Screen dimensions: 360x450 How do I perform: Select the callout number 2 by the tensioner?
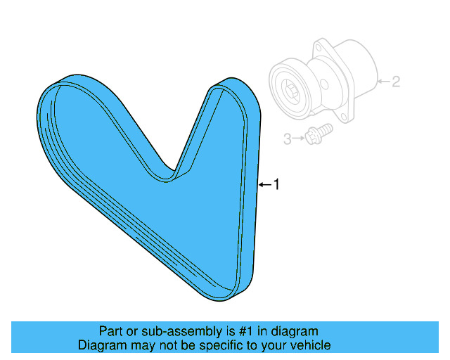pyautogui.click(x=396, y=82)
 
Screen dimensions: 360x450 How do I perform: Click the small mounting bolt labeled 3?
pyautogui.click(x=318, y=134)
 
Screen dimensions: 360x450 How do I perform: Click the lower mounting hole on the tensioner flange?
pyautogui.click(x=345, y=114)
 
